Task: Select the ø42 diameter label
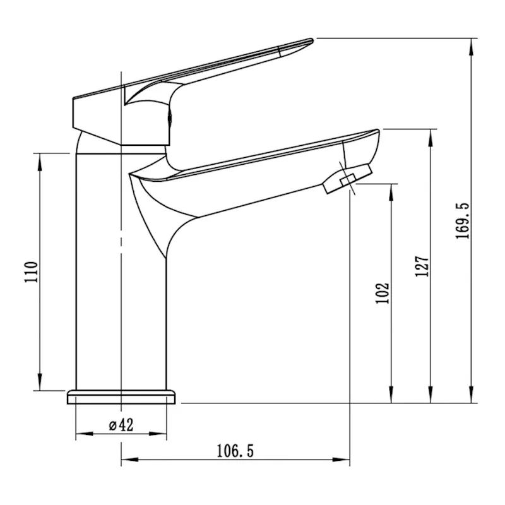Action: click(121, 425)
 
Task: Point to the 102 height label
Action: click(382, 293)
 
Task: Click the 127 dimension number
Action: click(422, 266)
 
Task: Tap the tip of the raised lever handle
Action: click(309, 42)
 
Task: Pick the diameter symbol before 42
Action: click(112, 425)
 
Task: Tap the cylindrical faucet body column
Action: click(120, 271)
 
